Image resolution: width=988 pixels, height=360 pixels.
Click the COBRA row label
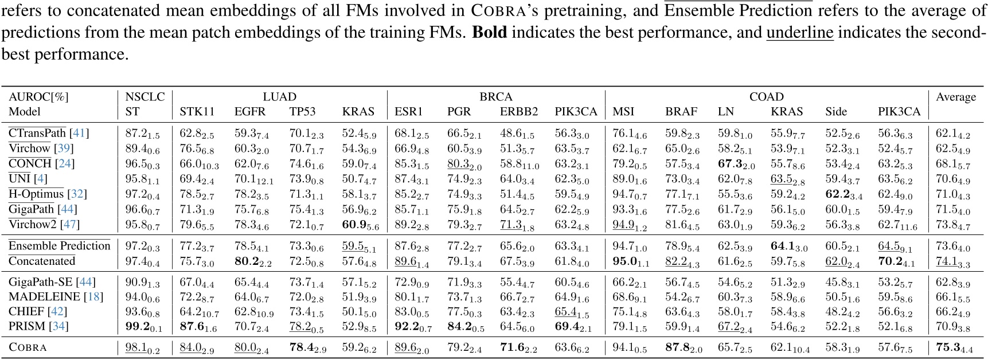coord(28,347)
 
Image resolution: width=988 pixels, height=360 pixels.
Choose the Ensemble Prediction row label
coord(59,246)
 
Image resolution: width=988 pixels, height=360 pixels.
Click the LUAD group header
coord(279,97)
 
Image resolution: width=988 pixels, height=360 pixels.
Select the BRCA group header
coord(495,97)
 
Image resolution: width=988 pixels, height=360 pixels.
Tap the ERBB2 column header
coord(518,112)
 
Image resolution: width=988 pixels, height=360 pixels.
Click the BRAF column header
coord(681,112)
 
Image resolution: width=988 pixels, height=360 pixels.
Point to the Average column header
coord(955,97)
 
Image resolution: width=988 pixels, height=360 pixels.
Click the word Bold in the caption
coord(489,32)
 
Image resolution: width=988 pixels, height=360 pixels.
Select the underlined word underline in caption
coord(799,32)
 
